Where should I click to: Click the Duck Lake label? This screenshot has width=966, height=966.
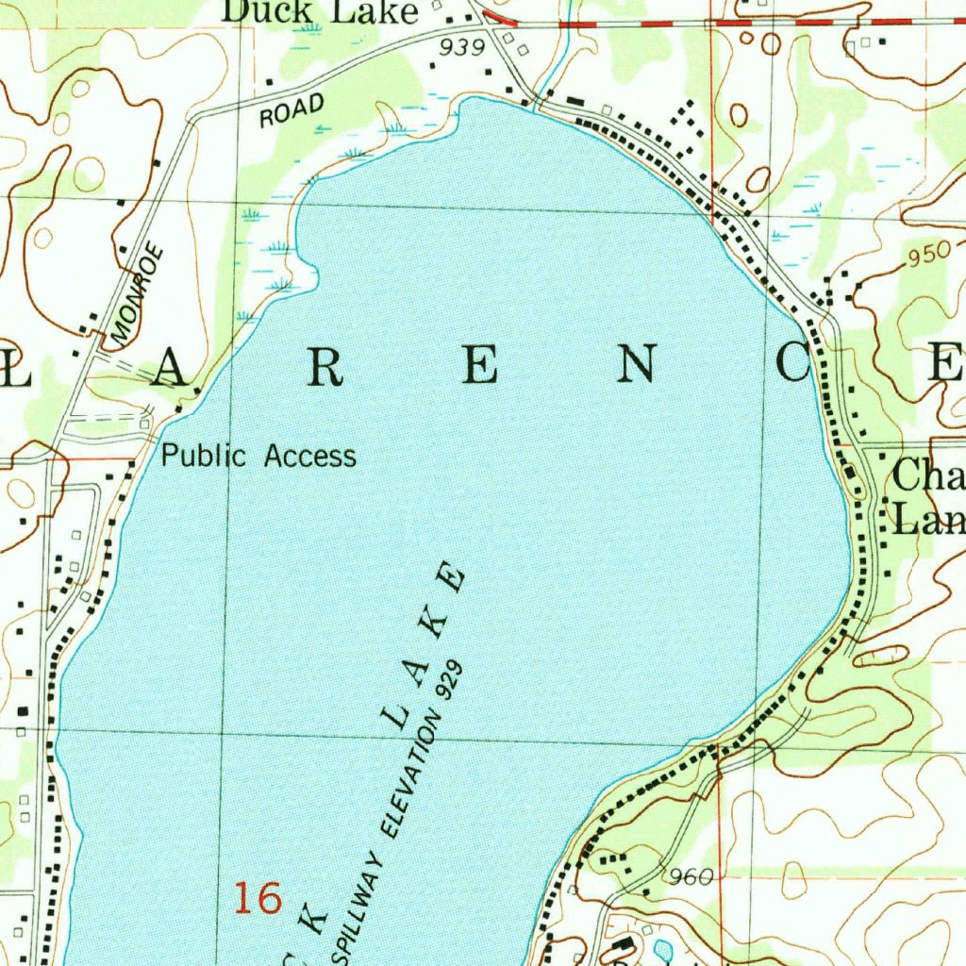[x=321, y=11]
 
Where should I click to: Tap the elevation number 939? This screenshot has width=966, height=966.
[x=462, y=47]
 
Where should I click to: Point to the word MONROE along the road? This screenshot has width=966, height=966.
[x=138, y=293]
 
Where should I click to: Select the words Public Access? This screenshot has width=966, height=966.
[x=258, y=457]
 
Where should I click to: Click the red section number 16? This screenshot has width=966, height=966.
[x=258, y=898]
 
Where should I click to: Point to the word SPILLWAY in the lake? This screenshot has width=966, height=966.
[x=358, y=907]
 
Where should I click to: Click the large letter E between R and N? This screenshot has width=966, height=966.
[x=478, y=365]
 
